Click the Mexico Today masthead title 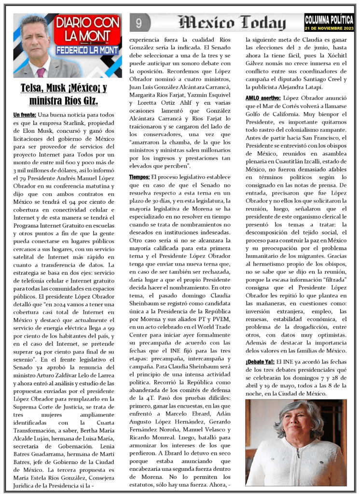tap(232, 22)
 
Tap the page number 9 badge tap(139, 23)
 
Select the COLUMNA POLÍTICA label tap(329, 19)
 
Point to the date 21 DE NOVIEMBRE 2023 tap(329, 28)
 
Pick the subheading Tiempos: tap(139, 177)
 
